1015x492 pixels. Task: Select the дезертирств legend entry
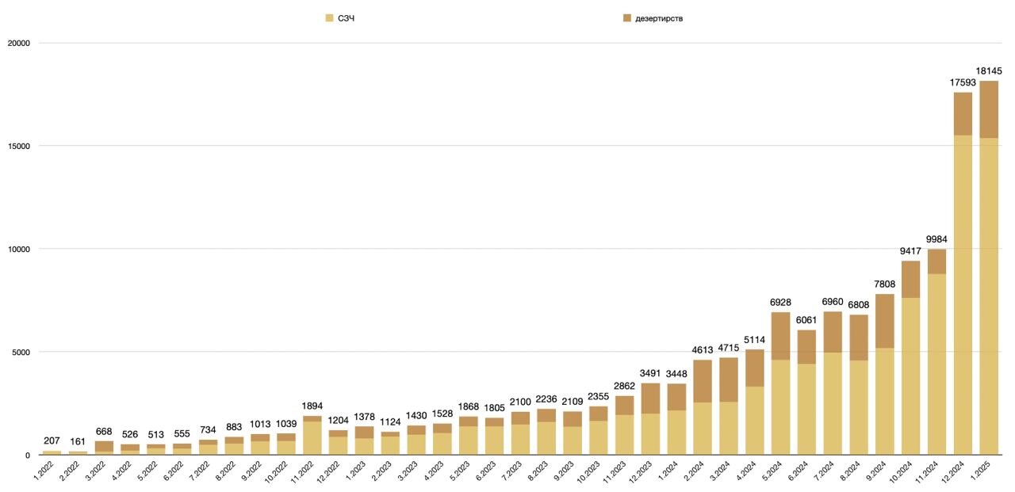tap(658, 18)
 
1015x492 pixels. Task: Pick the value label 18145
tap(988, 71)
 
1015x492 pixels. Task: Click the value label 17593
tap(962, 82)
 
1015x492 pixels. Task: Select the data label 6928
tap(780, 303)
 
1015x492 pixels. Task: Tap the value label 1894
tap(312, 406)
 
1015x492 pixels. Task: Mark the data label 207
tap(52, 441)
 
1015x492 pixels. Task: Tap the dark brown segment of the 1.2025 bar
tap(988, 109)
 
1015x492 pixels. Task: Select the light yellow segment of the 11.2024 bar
tap(936, 364)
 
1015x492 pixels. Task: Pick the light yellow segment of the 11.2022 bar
tap(312, 438)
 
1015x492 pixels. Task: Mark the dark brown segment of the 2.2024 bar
tap(703, 381)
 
